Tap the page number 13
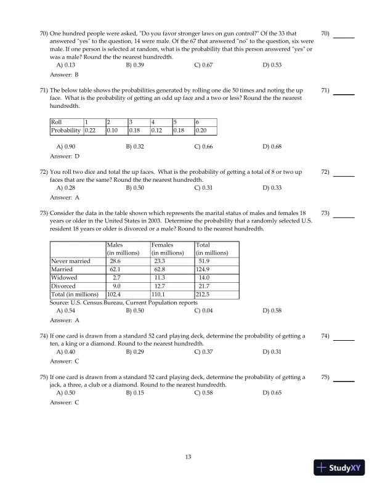point(189,457)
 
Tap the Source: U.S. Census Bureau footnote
point(123,303)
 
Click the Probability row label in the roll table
point(67,131)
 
